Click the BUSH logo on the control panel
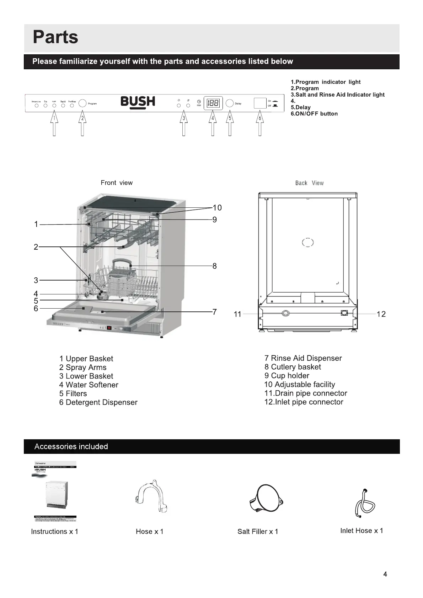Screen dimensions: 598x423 [138, 102]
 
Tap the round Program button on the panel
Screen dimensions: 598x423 [82, 103]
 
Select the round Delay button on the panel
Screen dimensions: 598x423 [230, 103]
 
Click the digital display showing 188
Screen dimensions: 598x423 [213, 103]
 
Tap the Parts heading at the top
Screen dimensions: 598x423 [55, 37]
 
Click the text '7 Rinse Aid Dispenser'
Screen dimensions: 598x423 [303, 358]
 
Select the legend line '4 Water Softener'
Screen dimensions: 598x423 [89, 385]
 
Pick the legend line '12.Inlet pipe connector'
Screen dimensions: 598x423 [304, 402]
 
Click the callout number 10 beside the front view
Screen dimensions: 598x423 [217, 208]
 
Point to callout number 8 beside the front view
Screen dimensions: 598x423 [214, 266]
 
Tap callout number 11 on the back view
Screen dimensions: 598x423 [237, 314]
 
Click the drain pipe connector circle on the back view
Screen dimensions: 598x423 [285, 313]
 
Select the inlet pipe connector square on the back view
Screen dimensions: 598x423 [344, 313]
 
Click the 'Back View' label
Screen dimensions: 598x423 [309, 183]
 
